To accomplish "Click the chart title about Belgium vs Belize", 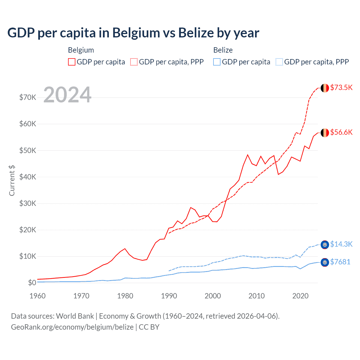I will point(133,33).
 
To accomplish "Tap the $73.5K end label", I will point(341,87).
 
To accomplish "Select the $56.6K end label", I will point(341,132).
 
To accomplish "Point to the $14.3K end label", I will point(341,244).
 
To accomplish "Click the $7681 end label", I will point(340,262).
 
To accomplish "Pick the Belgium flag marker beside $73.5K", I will point(325,88).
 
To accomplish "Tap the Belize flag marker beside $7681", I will point(325,262).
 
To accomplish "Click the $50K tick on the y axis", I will point(28,150).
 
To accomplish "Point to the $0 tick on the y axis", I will point(32,283).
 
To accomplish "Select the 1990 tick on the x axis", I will point(169,296).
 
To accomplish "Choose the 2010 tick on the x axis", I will point(256,296).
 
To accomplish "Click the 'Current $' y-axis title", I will point(12,181).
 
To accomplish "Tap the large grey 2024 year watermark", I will point(67,95).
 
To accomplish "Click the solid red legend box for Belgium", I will point(72,62).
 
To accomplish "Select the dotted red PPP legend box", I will point(134,62).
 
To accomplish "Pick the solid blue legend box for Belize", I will point(217,62).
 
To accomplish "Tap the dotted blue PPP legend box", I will point(279,62).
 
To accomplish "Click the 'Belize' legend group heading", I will point(223,50).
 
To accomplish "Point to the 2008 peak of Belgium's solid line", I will point(247,155).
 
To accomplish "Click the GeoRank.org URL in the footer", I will point(72,327).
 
